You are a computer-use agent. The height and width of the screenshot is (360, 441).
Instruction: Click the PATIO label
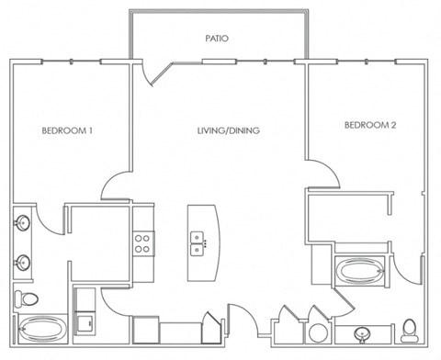(x=217, y=39)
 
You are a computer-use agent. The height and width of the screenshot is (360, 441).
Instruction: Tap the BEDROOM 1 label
(x=67, y=131)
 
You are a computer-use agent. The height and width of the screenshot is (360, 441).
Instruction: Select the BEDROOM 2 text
(x=370, y=125)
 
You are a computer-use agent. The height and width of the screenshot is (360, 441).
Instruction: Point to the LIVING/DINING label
(x=229, y=130)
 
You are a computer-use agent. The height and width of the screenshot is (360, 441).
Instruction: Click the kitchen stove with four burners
(x=143, y=243)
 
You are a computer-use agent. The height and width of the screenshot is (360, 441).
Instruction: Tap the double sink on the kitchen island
(x=197, y=243)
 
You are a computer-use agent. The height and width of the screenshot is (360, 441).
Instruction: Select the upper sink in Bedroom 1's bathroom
(x=22, y=222)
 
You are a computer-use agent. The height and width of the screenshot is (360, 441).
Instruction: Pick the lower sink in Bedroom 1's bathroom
(x=23, y=263)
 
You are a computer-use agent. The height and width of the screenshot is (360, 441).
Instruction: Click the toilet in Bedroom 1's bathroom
(x=27, y=298)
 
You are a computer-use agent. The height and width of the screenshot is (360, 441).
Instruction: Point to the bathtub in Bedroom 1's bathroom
(x=42, y=329)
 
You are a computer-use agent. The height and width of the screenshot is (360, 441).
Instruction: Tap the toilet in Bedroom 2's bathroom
(x=410, y=331)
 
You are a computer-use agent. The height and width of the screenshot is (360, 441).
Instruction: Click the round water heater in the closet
(x=318, y=333)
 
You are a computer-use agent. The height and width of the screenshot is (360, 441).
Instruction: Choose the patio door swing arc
(x=148, y=76)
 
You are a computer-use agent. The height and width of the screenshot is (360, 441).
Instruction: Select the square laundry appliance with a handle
(x=85, y=323)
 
